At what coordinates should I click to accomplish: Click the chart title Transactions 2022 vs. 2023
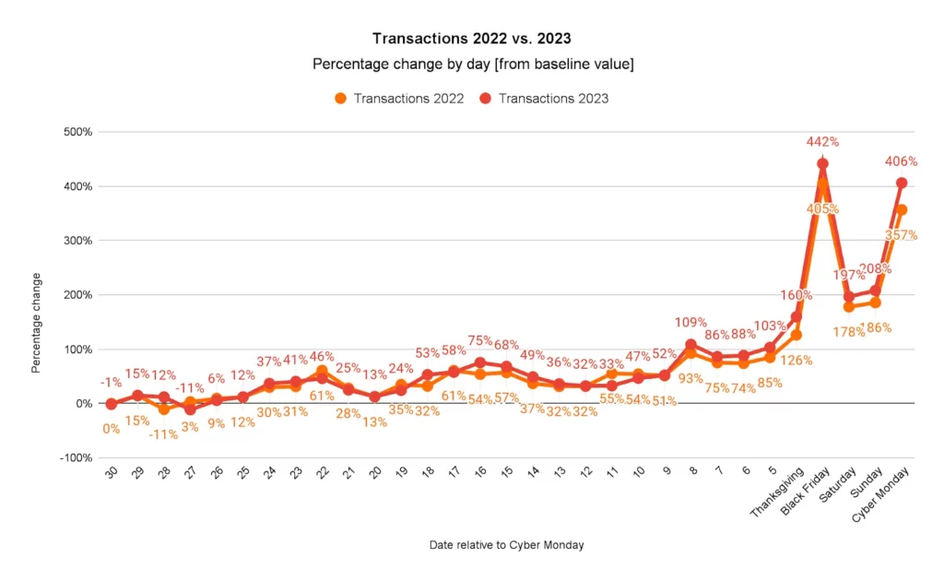point(472,39)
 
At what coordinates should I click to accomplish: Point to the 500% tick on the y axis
point(77,132)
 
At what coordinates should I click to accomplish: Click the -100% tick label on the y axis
point(75,458)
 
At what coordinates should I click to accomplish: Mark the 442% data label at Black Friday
point(822,142)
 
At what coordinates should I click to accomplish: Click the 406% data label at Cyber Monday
point(901,160)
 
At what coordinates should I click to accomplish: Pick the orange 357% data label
point(901,235)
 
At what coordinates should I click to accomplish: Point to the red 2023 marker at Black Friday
point(822,163)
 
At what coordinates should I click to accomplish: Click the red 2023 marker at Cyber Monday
point(901,183)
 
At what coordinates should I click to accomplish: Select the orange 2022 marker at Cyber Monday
point(901,209)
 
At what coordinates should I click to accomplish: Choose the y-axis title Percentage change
point(37,322)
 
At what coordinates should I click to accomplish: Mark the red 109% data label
point(690,324)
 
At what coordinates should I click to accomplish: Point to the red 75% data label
point(479,339)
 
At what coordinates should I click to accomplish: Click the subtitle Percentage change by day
point(472,65)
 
